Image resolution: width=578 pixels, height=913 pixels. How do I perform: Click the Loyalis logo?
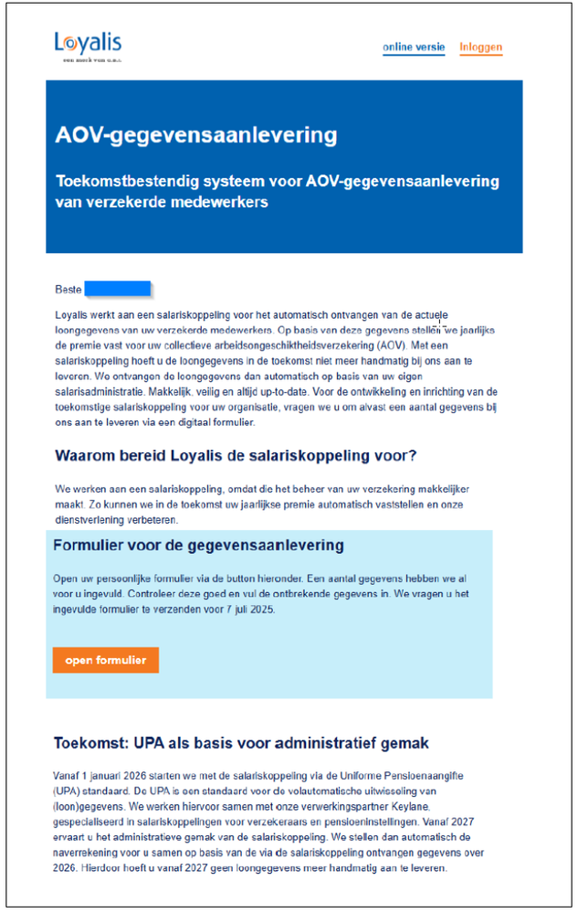pyautogui.click(x=88, y=45)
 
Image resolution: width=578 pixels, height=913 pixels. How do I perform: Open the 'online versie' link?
pyautogui.click(x=414, y=48)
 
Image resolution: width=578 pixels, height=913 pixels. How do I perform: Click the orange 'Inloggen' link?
pyautogui.click(x=480, y=48)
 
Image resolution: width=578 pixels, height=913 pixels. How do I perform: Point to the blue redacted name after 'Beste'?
pyautogui.click(x=117, y=290)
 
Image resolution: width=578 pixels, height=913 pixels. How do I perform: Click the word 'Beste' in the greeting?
pyautogui.click(x=68, y=290)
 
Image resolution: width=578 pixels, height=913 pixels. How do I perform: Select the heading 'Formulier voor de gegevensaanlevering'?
pyautogui.click(x=198, y=546)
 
